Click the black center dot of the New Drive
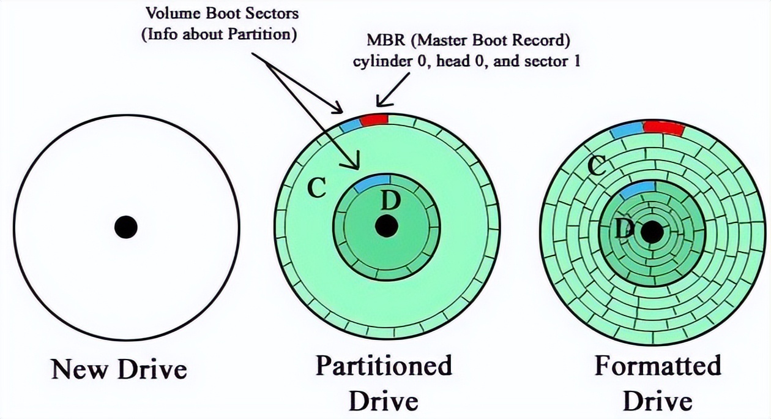coord(126,227)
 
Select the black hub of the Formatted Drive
coord(652,232)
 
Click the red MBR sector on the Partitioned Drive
coord(374,120)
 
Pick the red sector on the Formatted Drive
coord(663,129)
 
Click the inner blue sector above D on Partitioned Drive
coord(372,182)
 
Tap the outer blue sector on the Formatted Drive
coord(626,130)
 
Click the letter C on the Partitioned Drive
coord(316,189)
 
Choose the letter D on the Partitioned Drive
coord(390,199)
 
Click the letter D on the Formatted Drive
coord(623,228)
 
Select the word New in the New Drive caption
coord(76,369)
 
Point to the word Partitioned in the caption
coord(384,366)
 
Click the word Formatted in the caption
coord(658,366)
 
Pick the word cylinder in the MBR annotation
coord(377,62)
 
